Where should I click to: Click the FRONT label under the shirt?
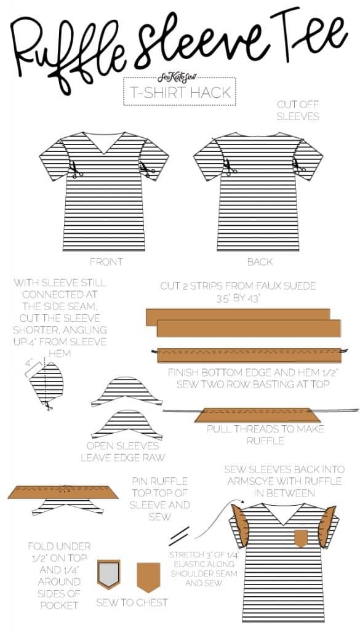(106, 261)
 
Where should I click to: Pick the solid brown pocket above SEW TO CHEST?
(148, 576)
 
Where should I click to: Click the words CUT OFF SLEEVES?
(298, 111)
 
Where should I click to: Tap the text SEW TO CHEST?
(132, 602)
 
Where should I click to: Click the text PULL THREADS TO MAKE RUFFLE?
(265, 434)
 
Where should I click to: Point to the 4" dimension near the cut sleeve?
(28, 363)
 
